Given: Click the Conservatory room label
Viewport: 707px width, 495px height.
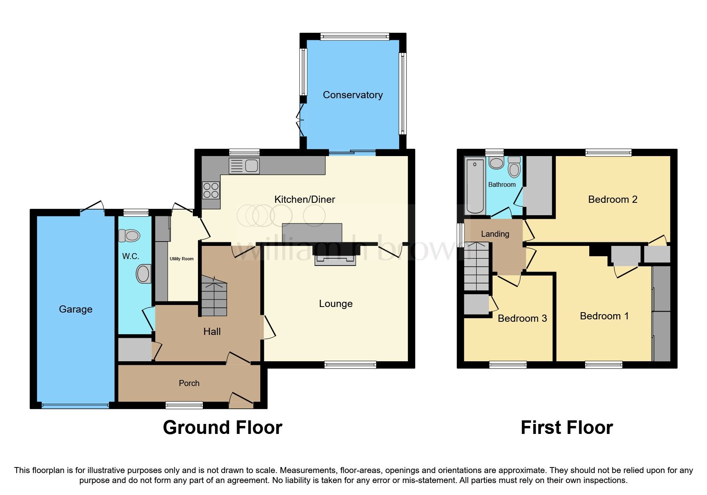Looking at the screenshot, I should (x=353, y=95).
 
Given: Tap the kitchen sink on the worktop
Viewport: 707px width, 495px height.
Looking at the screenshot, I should (x=244, y=166).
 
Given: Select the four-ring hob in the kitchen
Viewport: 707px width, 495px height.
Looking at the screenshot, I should (x=211, y=190).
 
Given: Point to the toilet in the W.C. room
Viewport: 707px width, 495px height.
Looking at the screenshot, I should (x=130, y=236).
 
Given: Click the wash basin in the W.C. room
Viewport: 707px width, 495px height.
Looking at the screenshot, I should (x=143, y=274).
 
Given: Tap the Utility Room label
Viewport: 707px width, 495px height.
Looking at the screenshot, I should (x=181, y=259).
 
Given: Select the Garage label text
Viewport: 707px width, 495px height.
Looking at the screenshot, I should (x=75, y=309).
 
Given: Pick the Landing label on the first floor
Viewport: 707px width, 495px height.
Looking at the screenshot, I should (x=495, y=234).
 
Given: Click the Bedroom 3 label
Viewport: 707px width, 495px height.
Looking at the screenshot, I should (x=522, y=319).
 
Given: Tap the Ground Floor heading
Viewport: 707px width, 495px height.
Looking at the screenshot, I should (x=222, y=428).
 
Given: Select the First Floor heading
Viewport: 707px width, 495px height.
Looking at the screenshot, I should (x=566, y=428).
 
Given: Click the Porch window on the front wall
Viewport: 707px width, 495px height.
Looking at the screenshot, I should (x=184, y=405).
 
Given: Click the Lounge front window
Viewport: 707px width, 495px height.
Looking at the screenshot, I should (x=350, y=364).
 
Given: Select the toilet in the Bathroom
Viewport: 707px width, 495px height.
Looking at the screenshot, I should (x=514, y=168).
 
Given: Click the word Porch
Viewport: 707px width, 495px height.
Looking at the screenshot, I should (x=189, y=383).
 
